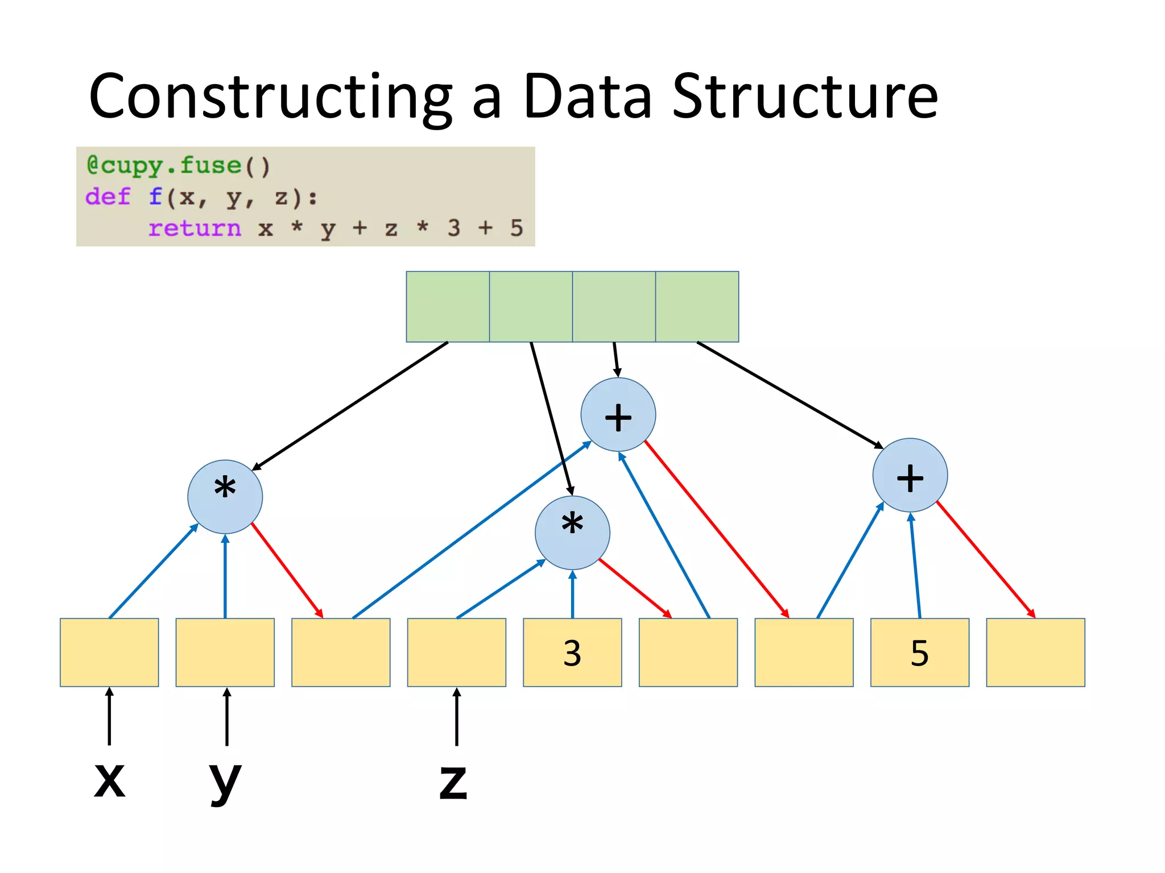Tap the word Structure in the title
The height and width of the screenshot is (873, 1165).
tap(804, 98)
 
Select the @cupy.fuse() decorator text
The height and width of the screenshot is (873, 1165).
tap(178, 165)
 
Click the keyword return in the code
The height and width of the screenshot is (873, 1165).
tap(195, 228)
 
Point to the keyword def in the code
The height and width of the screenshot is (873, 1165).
tap(108, 197)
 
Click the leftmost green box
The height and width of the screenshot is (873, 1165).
tap(448, 306)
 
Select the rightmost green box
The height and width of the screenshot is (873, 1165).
tap(697, 306)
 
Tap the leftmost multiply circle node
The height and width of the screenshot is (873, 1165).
tap(225, 496)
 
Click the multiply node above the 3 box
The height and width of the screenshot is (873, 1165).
tap(572, 533)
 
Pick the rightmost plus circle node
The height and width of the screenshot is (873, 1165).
tap(910, 475)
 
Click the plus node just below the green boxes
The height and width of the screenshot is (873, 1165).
tap(618, 414)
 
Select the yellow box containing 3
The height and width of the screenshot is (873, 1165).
tap(572, 652)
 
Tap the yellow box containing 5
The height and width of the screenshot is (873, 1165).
tap(919, 652)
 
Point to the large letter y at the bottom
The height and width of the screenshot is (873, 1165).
tap(225, 781)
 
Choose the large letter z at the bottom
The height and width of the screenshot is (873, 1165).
tap(453, 781)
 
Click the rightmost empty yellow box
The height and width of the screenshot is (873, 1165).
tap(1035, 652)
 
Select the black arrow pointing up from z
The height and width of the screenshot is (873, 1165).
tap(456, 717)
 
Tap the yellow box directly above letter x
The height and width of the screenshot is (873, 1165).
tap(109, 652)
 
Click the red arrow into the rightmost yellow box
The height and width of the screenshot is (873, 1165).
tap(986, 559)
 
